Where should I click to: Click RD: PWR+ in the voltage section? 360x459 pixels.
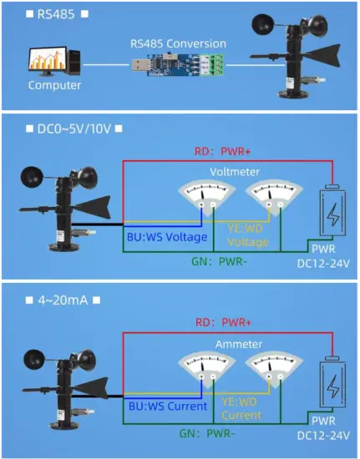point(224,152)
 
